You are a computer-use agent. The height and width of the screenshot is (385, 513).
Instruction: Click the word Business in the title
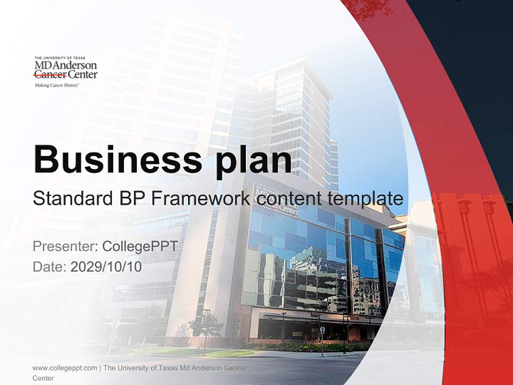point(113,159)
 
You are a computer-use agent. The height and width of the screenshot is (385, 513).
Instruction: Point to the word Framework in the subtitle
point(200,199)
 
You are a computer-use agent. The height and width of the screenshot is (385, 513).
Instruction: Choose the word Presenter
point(64,247)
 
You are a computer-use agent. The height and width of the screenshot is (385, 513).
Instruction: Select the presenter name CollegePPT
point(139,247)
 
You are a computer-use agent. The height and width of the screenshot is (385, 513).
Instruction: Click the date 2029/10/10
point(106,267)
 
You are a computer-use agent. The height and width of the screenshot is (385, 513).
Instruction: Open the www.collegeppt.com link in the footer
point(65,368)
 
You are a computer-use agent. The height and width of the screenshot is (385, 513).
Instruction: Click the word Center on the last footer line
point(43,378)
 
